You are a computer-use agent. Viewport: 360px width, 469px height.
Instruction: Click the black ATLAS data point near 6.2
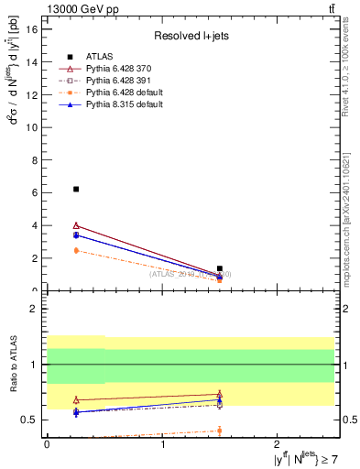click(x=76, y=189)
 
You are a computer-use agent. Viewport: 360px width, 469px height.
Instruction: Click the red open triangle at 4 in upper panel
click(x=76, y=225)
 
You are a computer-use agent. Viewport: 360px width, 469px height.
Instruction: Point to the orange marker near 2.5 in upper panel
click(x=76, y=250)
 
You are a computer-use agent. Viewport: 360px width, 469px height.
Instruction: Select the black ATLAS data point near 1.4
click(x=220, y=268)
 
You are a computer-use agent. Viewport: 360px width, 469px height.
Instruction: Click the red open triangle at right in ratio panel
click(x=220, y=395)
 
